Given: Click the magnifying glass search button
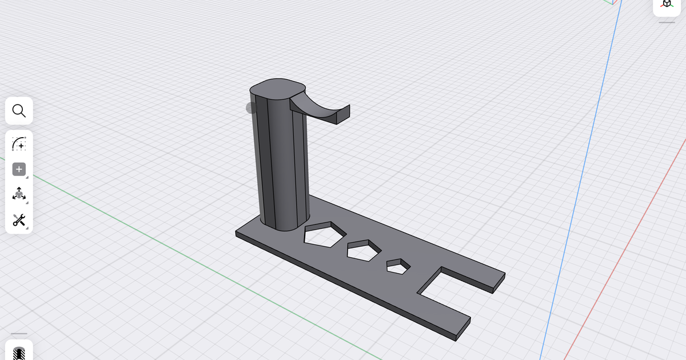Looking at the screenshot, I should pyautogui.click(x=19, y=111).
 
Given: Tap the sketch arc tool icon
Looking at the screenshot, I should pyautogui.click(x=19, y=143).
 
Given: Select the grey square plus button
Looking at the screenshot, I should pyautogui.click(x=19, y=169).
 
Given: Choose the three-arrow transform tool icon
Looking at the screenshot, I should pyautogui.click(x=19, y=194).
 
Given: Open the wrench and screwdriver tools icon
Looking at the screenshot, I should pyautogui.click(x=19, y=220).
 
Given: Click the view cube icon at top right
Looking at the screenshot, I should pyautogui.click(x=667, y=5).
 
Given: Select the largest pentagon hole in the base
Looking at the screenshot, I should pyautogui.click(x=324, y=235).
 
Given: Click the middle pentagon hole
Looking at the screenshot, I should pyautogui.click(x=363, y=251).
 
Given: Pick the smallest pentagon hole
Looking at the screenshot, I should pyautogui.click(x=398, y=266).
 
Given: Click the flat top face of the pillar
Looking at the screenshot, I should pyautogui.click(x=277, y=87).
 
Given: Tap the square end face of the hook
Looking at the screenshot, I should pyautogui.click(x=343, y=114).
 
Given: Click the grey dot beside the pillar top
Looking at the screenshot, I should pyautogui.click(x=252, y=108).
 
